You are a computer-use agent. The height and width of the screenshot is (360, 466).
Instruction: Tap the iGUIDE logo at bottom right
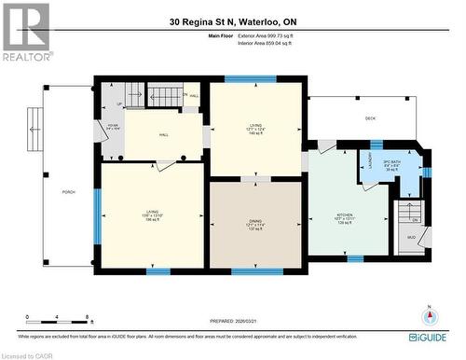tap(433, 335)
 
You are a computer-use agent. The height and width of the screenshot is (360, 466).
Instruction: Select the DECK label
tap(369, 118)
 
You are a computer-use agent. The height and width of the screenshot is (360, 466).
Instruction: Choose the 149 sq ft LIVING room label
tap(254, 130)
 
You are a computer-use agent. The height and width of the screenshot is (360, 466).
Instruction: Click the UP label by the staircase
tap(119, 104)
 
